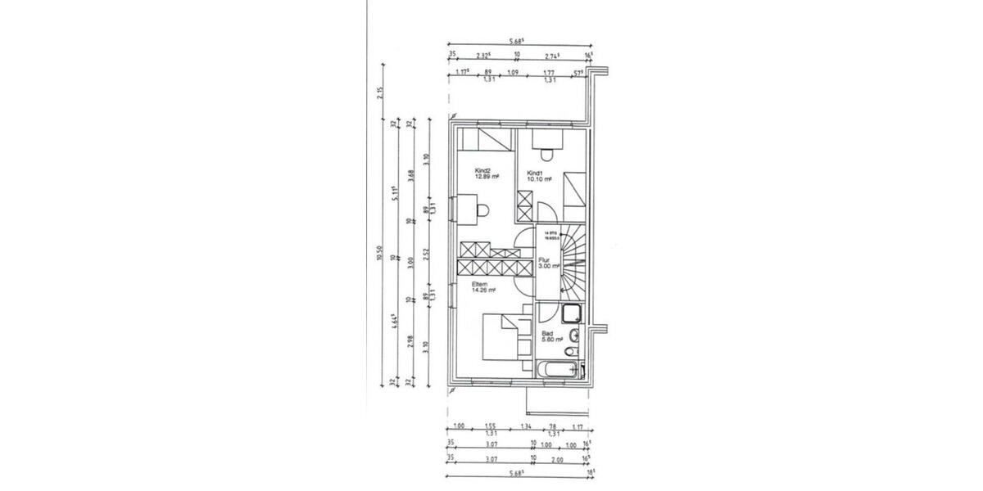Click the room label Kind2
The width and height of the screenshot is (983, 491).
tap(482, 172)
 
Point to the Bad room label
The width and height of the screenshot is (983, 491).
tap(547, 334)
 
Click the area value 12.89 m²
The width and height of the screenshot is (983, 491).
tap(487, 178)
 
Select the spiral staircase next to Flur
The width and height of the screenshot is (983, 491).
tap(573, 262)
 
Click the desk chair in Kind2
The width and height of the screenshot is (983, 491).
tap(482, 210)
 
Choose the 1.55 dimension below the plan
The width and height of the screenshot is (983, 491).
tap(491, 426)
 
